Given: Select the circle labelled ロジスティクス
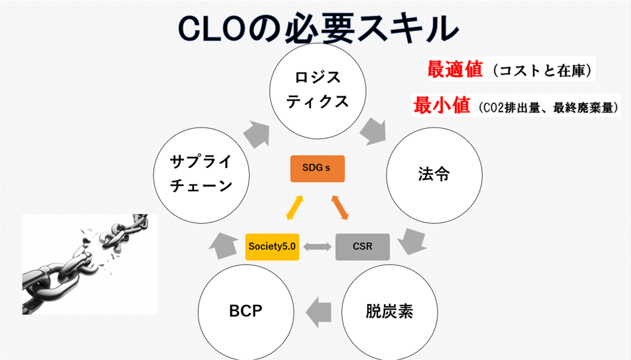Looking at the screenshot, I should pyautogui.click(x=317, y=90).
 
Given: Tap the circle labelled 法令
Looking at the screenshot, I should pyautogui.click(x=434, y=175).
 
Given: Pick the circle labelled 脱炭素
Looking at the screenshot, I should pyautogui.click(x=389, y=311).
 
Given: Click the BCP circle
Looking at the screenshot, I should pyautogui.click(x=246, y=311).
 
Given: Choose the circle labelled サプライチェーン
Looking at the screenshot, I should pyautogui.click(x=201, y=175).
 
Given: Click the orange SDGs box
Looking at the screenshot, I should pyautogui.click(x=317, y=168).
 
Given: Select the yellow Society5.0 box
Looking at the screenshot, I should pyautogui.click(x=272, y=246).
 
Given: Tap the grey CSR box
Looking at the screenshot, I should pyautogui.click(x=362, y=246).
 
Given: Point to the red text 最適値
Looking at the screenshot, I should pyautogui.click(x=455, y=69).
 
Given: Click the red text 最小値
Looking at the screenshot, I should pyautogui.click(x=441, y=106).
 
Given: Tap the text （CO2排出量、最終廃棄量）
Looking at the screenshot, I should pyautogui.click(x=548, y=107).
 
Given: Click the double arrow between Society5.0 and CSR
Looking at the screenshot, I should pyautogui.click(x=317, y=246).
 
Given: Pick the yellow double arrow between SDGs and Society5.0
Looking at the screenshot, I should pyautogui.click(x=294, y=207).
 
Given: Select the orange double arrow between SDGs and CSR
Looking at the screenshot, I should pyautogui.click(x=339, y=207).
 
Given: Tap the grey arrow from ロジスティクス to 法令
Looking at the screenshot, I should pyautogui.click(x=374, y=130).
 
